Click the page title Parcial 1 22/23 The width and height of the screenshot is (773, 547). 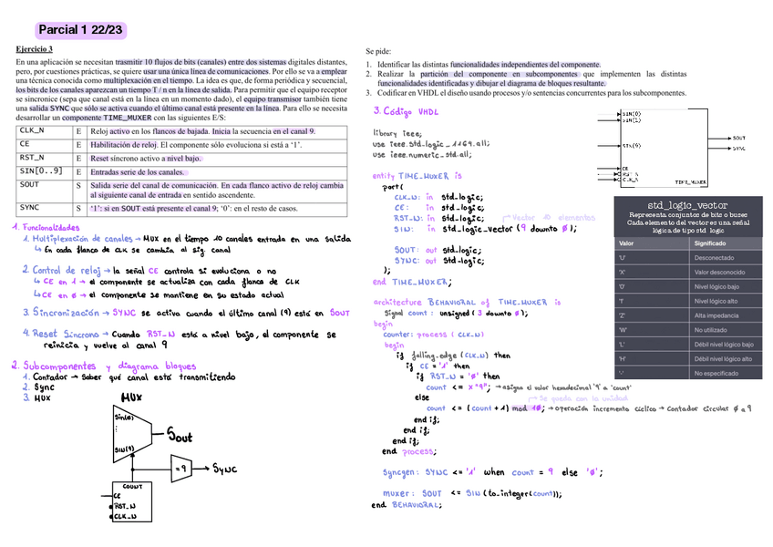[80, 31]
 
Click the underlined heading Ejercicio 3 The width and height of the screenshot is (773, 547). [35, 48]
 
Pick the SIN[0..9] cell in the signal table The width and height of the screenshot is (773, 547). [42, 171]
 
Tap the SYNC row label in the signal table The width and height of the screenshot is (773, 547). [30, 208]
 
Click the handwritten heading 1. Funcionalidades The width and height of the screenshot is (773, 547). [46, 227]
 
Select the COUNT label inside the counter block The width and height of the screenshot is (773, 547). [126, 487]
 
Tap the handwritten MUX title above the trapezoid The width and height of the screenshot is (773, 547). [131, 397]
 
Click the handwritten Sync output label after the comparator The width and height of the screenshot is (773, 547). [224, 469]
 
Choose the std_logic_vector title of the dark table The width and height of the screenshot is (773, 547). [687, 205]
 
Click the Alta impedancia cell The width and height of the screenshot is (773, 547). [716, 315]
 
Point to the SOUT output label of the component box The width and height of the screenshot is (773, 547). [738, 138]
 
